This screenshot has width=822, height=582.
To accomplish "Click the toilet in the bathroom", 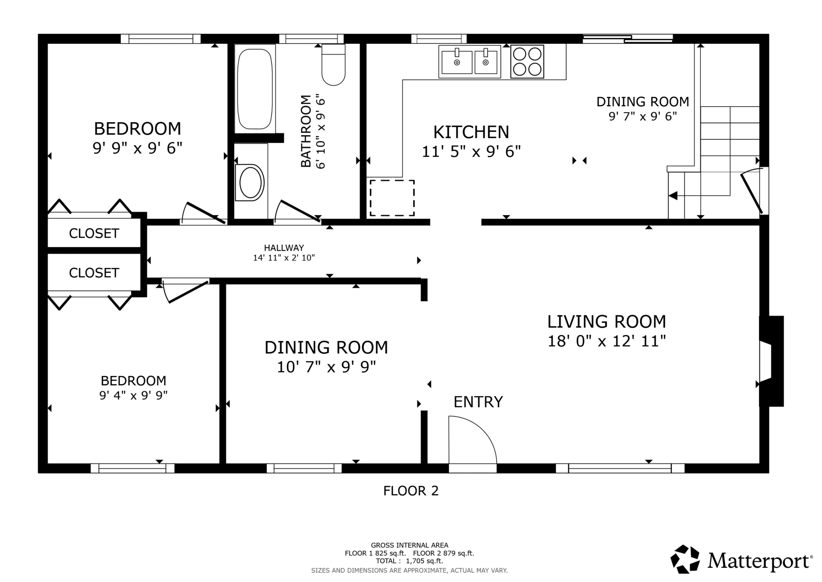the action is [x=333, y=65].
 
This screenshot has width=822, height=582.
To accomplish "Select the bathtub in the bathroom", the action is [x=255, y=89].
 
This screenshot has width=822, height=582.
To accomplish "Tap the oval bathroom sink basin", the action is [x=250, y=183].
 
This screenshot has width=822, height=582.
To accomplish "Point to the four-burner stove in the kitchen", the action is [x=527, y=62].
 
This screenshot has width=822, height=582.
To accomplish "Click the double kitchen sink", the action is [x=470, y=62].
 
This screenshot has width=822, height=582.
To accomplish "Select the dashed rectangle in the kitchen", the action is [x=392, y=198].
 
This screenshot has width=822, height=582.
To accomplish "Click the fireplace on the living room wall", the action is [x=771, y=361].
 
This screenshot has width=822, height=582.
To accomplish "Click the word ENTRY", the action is [x=478, y=402].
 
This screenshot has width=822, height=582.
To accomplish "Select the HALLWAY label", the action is [x=284, y=248].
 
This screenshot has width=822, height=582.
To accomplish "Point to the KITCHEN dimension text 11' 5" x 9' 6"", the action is [x=471, y=152].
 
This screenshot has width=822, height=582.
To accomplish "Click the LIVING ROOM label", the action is [x=607, y=321].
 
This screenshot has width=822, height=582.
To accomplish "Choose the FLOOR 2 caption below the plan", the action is [x=411, y=491].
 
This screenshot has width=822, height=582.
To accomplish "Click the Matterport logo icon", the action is [x=685, y=559].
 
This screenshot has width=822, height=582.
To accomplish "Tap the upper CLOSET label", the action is [x=94, y=234].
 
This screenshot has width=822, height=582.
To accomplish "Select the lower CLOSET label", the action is [x=94, y=273].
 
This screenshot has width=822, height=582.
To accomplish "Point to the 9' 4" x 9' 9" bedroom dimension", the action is [x=134, y=395].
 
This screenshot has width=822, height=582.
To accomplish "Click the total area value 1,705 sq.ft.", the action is [x=424, y=561].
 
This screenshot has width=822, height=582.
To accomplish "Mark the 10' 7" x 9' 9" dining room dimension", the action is [x=326, y=367].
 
